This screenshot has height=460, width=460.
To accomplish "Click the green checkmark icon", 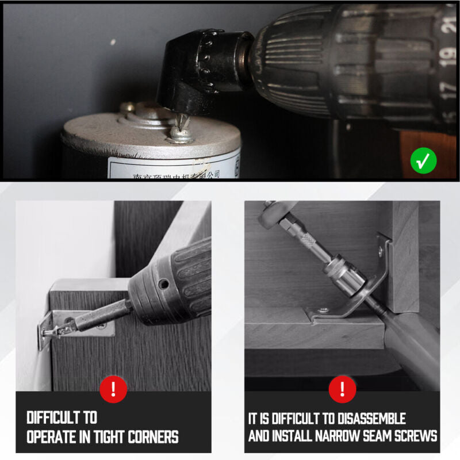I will (x=423, y=161).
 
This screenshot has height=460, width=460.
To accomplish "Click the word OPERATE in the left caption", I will (x=52, y=436).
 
